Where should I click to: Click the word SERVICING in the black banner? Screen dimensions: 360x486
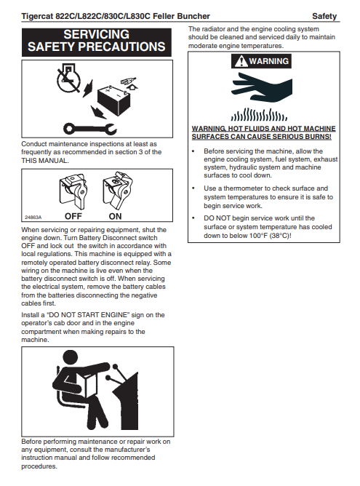coord(96,34)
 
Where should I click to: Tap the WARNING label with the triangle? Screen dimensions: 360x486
coord(261,61)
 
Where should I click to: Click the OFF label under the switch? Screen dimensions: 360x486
coord(73,216)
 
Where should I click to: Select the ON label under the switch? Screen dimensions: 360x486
coord(115,216)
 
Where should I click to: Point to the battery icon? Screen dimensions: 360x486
coord(113,100)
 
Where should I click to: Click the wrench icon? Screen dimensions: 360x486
coord(90,128)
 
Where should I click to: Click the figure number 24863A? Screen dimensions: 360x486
coord(33,218)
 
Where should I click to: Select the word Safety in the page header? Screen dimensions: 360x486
coord(324,16)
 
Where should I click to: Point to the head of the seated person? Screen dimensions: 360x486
coord(71,358)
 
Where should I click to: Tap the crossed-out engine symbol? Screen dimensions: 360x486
coord(69,79)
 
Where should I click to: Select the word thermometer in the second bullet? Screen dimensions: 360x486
coord(246,188)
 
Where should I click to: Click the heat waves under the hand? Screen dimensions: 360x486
coord(259,114)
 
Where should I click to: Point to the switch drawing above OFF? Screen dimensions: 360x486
coord(73,191)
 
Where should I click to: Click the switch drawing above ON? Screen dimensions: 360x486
coord(117,190)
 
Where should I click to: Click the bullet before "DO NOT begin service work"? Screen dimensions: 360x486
coord(193,218)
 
